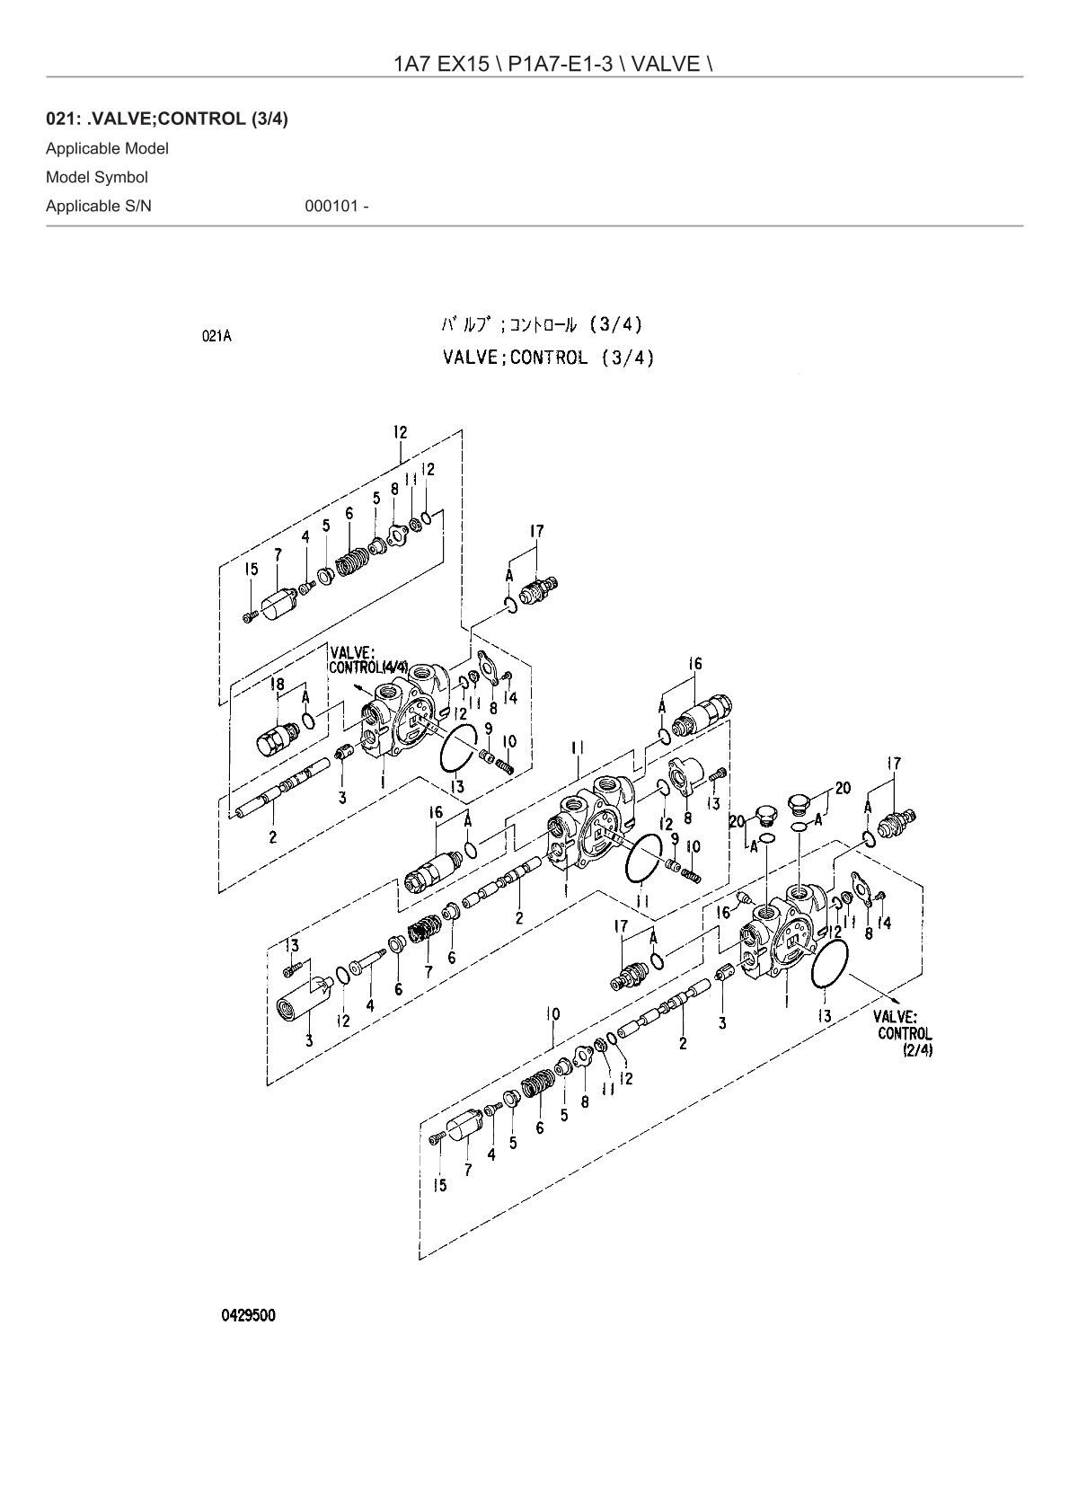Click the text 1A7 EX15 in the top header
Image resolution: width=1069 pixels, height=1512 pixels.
441,64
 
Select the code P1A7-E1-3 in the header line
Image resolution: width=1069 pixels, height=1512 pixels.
561,64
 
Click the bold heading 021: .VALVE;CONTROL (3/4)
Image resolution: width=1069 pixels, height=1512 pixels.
167,119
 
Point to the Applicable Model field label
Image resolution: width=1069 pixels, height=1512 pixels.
107,148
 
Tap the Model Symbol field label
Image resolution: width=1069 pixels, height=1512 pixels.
96,178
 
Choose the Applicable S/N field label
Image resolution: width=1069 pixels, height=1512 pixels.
99,206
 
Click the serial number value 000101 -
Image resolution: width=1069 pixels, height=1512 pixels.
337,206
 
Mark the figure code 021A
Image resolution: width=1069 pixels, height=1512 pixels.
216,336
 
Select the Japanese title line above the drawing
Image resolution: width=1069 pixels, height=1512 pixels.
542,325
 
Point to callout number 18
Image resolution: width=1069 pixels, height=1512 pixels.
277,685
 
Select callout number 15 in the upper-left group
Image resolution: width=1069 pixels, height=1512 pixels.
251,569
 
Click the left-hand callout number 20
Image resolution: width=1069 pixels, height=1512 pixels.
738,821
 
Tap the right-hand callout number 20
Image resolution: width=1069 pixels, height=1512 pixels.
843,788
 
